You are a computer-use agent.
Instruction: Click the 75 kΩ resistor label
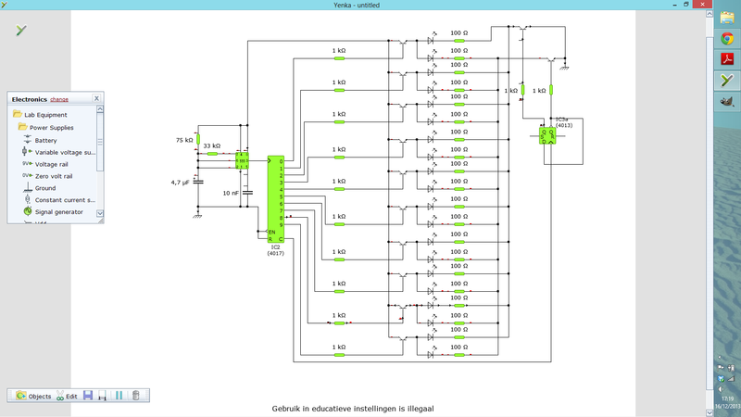pyautogui.click(x=183, y=140)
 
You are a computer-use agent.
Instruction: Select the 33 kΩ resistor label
pyautogui.click(x=211, y=145)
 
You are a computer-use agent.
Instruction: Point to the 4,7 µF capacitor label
pyautogui.click(x=180, y=183)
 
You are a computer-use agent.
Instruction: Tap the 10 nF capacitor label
pyautogui.click(x=231, y=193)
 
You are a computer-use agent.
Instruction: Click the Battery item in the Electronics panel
pyautogui.click(x=45, y=140)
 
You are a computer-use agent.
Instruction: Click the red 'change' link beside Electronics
pyautogui.click(x=59, y=98)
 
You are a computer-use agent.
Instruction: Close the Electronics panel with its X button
pyautogui.click(x=96, y=97)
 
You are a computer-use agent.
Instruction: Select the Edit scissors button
pyautogui.click(x=66, y=396)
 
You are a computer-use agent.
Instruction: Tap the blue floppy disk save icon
pyautogui.click(x=87, y=396)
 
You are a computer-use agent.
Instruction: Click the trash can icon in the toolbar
pyautogui.click(x=136, y=396)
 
